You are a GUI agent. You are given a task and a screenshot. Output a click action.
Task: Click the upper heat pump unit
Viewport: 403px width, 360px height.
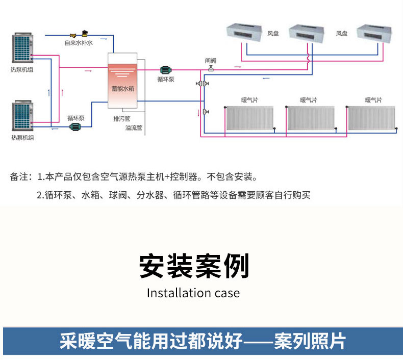click(22, 47)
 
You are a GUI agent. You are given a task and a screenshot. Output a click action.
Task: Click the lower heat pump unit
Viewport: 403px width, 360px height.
click(22, 116)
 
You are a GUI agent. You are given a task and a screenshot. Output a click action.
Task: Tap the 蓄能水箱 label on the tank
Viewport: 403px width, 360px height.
click(122, 89)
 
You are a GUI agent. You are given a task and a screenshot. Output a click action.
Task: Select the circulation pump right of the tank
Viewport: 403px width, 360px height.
click(166, 70)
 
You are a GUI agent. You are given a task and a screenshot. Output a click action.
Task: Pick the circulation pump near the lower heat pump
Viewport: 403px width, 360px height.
click(75, 126)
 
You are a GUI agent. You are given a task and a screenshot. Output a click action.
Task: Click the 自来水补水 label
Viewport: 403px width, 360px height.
click(79, 43)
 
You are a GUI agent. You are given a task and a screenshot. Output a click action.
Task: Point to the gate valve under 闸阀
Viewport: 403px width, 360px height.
click(211, 68)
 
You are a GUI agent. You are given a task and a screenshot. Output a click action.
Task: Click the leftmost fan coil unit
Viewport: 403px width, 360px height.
click(244, 33)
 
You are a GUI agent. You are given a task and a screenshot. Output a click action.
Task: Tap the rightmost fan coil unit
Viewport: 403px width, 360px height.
click(374, 34)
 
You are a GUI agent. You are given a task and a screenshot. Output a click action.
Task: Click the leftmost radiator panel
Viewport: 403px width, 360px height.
click(249, 118)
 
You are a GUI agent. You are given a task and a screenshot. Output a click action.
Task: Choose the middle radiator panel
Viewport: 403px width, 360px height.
click(311, 118)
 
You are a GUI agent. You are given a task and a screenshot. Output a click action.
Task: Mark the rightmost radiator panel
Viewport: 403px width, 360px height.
click(371, 118)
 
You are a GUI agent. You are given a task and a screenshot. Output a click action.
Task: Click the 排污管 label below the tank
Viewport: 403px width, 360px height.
click(122, 119)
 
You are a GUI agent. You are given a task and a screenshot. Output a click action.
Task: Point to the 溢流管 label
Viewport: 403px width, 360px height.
click(134, 127)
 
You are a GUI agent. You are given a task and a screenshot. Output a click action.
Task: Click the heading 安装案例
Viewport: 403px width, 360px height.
click(194, 266)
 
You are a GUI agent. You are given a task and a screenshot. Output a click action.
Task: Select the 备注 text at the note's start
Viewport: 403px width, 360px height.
click(19, 177)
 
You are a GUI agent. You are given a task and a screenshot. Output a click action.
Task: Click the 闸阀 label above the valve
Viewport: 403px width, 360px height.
click(211, 61)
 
